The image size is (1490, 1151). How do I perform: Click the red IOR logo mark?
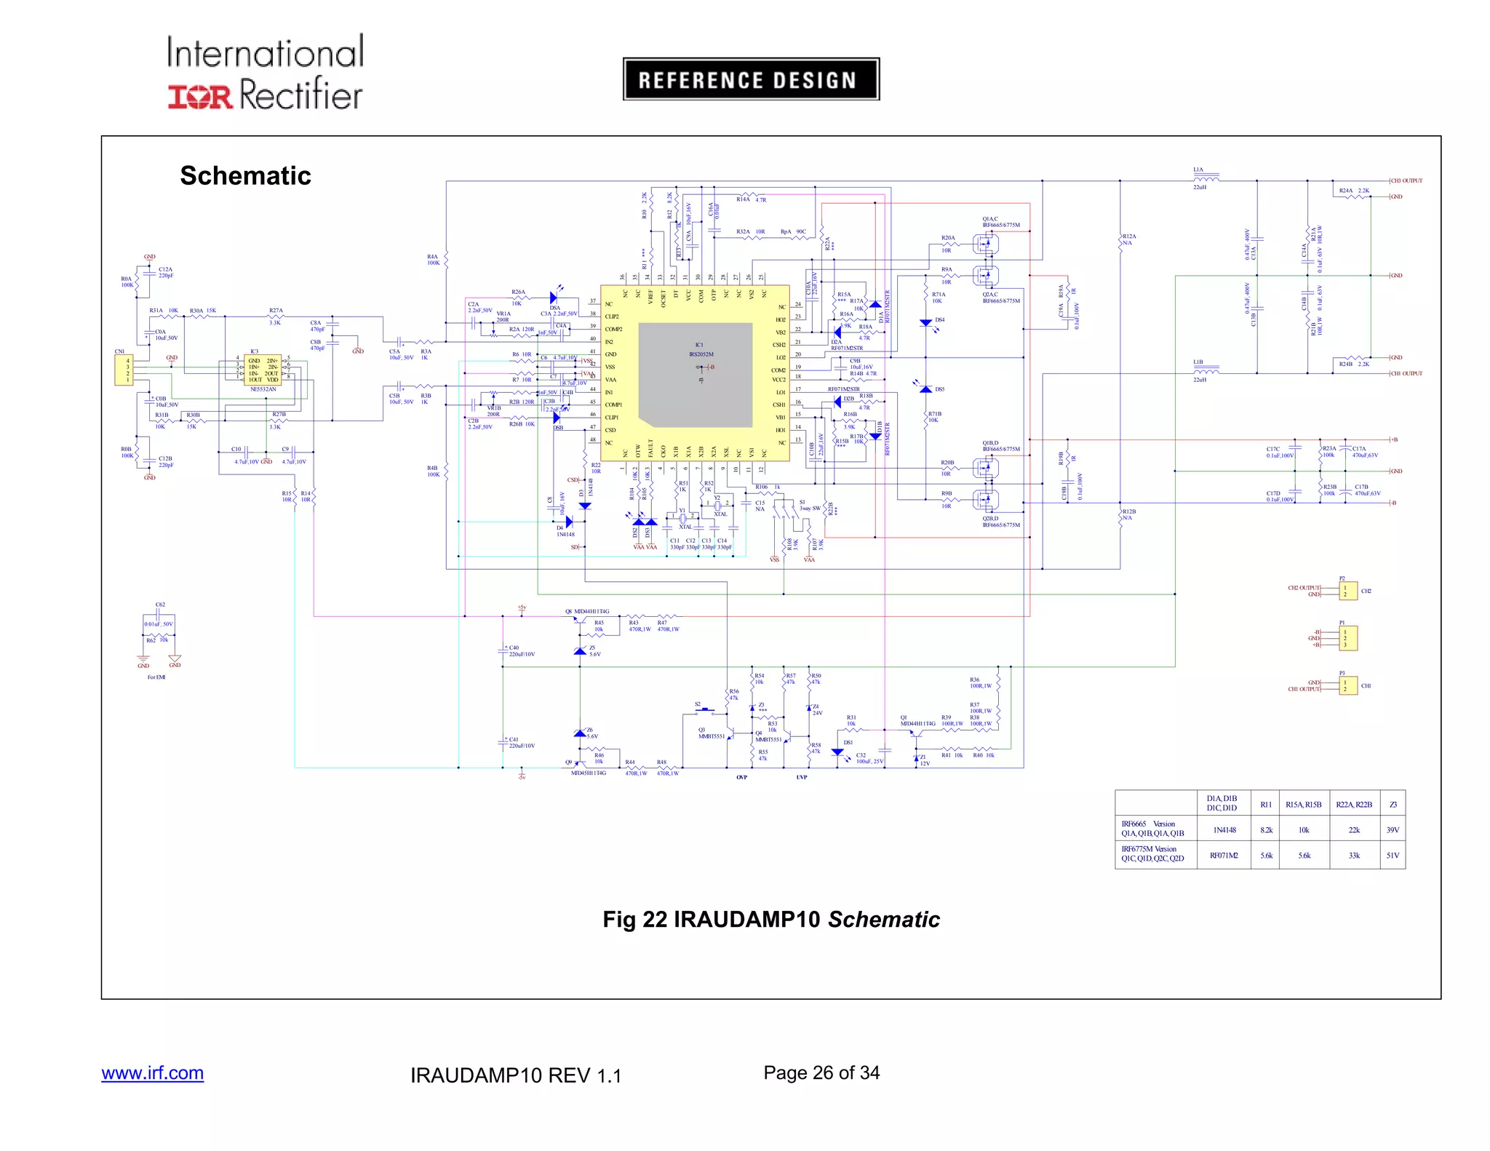(x=200, y=96)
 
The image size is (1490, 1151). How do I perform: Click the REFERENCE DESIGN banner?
(x=751, y=79)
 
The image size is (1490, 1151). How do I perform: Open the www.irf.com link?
(x=152, y=1073)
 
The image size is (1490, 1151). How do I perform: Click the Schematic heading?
(x=245, y=175)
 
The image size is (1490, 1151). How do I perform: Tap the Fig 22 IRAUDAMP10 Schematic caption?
(x=770, y=919)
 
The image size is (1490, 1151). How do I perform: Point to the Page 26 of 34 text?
(x=821, y=1072)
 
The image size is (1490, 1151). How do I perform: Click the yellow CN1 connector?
(x=124, y=370)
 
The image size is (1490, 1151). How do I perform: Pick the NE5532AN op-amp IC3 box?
(x=263, y=370)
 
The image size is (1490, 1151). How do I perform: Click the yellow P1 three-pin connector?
(x=1347, y=638)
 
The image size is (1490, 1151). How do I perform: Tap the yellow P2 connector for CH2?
(x=1347, y=591)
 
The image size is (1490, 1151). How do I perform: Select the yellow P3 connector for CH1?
(x=1347, y=685)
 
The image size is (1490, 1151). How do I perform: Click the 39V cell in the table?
(x=1392, y=830)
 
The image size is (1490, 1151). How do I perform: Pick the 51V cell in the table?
(x=1392, y=856)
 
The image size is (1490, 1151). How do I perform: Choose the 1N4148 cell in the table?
(x=1224, y=830)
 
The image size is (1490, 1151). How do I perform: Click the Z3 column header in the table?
(x=1393, y=804)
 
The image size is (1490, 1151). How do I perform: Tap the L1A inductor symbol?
(x=1206, y=178)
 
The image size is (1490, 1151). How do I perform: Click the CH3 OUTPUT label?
(x=1406, y=180)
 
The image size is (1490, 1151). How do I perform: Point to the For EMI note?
(x=156, y=677)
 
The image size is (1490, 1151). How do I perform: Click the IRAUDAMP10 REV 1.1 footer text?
(x=515, y=1075)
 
